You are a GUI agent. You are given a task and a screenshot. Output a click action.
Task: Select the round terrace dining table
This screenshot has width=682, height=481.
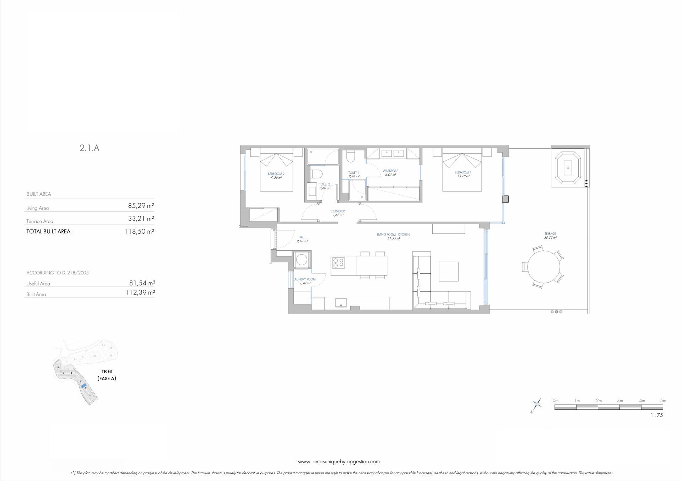[543, 266]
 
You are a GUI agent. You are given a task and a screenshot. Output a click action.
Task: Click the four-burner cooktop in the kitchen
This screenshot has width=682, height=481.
[338, 262]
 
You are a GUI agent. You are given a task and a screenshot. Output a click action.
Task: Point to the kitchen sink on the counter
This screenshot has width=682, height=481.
[341, 303]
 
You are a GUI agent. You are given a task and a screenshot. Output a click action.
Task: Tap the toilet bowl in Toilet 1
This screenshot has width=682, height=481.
[351, 156]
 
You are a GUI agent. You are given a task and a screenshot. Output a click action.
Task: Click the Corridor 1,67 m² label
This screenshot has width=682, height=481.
[337, 213]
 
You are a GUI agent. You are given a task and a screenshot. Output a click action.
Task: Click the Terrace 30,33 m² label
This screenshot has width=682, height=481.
[550, 236]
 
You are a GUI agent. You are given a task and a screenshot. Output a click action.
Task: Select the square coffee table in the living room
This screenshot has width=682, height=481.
[448, 271]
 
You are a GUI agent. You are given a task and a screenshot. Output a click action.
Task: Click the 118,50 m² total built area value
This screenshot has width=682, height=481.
[139, 231]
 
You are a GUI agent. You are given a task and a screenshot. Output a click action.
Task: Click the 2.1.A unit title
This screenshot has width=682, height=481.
[90, 148]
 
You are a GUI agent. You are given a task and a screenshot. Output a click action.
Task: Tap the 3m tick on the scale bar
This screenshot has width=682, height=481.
[620, 401]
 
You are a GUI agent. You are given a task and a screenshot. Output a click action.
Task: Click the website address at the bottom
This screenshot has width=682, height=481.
[339, 461]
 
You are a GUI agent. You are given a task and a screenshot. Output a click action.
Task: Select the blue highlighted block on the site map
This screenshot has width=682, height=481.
[84, 385]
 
